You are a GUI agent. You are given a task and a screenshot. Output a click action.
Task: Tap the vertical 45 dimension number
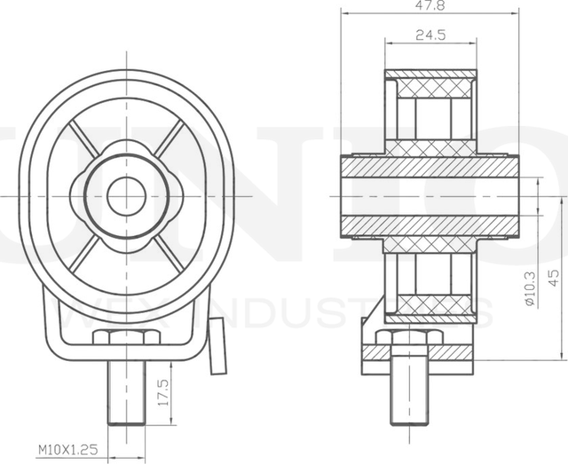tap(554, 276)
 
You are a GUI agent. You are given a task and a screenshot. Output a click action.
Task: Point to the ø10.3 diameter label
tap(529, 290)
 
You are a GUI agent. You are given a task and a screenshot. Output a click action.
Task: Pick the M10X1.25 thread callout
tap(68, 451)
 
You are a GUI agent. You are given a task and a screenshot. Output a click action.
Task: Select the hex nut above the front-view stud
tap(125, 337)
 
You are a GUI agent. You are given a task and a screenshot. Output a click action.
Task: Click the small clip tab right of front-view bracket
tap(217, 346)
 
